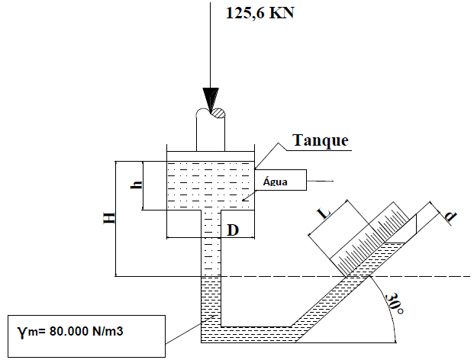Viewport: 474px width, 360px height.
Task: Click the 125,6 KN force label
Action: click(258, 13)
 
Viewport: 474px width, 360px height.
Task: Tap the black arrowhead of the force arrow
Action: click(210, 98)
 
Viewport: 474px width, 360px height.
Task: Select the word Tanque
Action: click(321, 140)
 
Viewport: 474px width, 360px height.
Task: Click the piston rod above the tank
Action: click(211, 133)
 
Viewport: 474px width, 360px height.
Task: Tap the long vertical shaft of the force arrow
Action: click(210, 46)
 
